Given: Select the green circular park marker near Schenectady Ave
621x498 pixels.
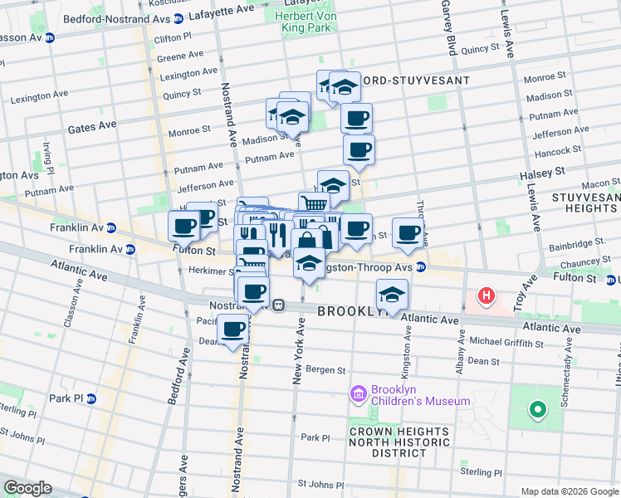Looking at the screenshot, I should pos(537,408).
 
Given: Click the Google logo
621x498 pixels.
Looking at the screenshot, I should pos(27,488).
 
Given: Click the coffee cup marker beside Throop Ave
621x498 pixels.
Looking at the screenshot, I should pos(407,232).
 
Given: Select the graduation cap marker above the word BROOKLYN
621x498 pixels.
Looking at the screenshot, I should pos(392,293).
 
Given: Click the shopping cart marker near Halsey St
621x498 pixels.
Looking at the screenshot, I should pos(313,204).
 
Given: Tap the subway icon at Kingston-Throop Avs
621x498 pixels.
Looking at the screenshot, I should pos(421,267).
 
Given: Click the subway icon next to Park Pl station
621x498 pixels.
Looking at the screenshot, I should pos(91,398).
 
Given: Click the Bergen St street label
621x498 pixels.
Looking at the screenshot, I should pos(325,369).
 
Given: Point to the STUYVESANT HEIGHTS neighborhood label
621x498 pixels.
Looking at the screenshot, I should pos(585,202).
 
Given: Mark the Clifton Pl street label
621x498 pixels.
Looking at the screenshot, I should pos(173,38).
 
